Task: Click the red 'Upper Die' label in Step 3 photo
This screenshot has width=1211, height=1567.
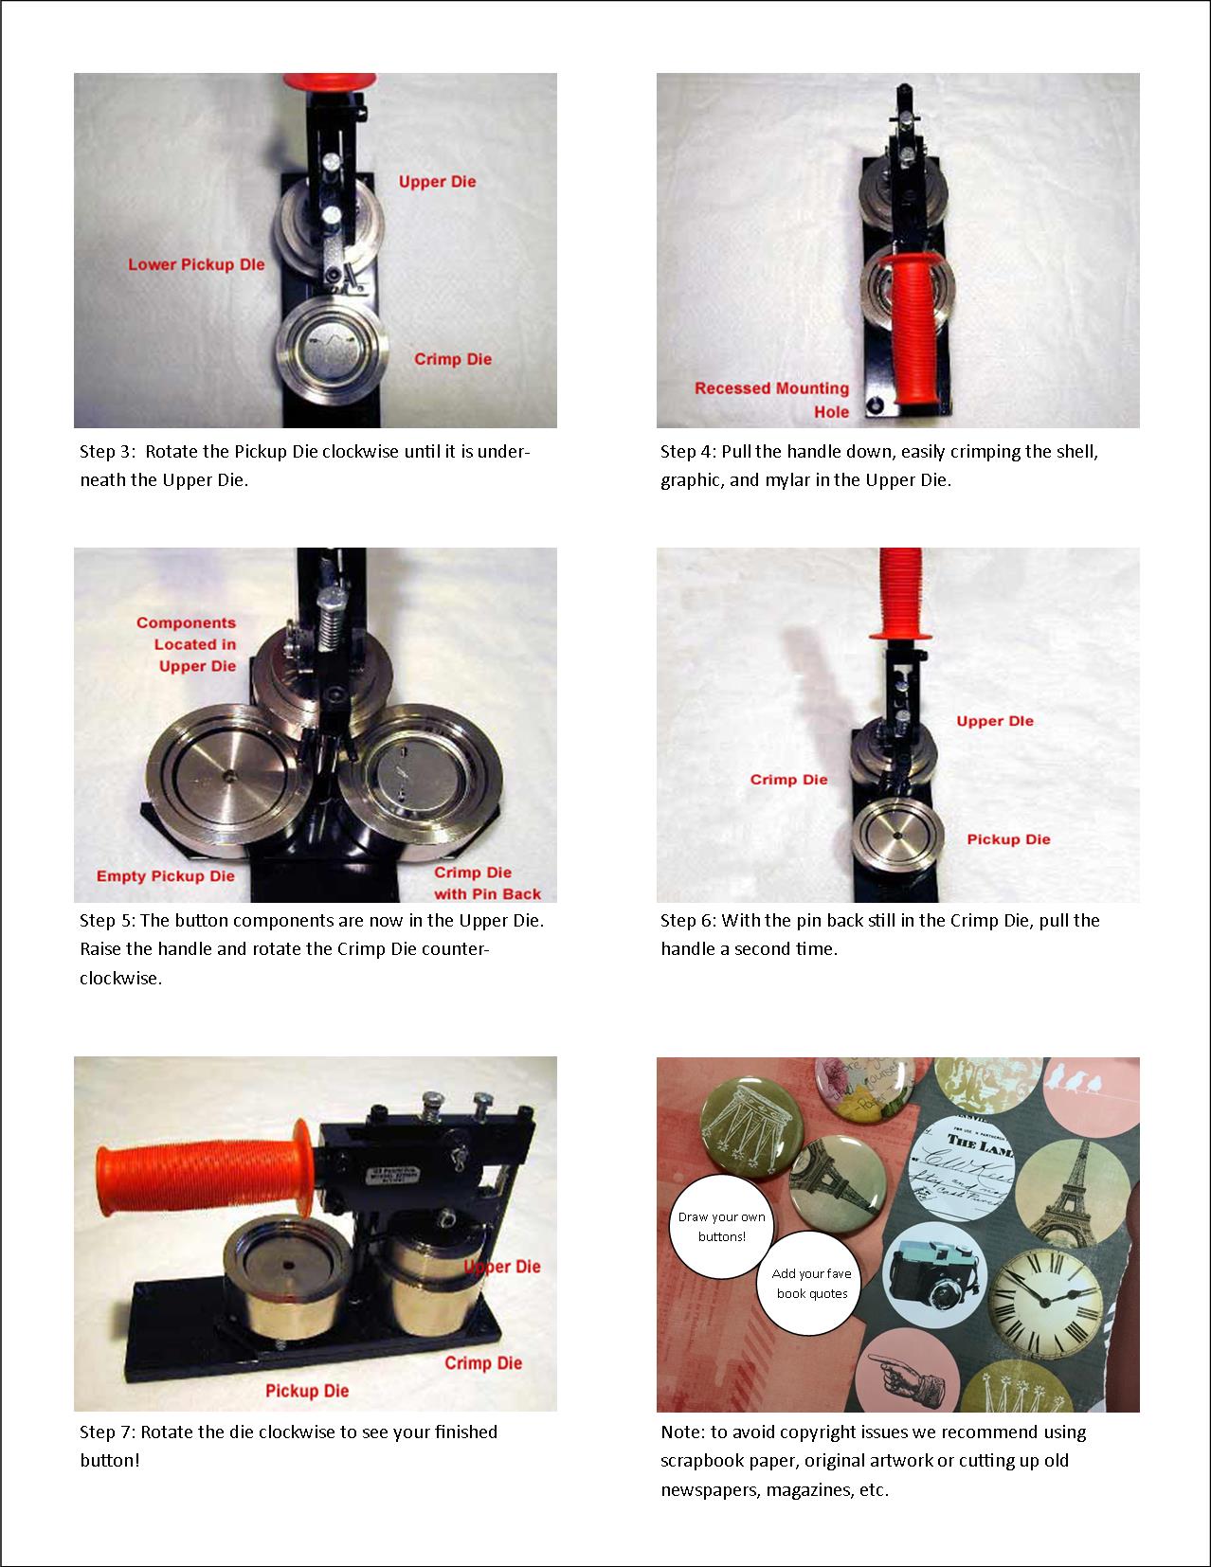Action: [437, 181]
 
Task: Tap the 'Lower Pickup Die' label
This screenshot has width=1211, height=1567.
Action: [196, 264]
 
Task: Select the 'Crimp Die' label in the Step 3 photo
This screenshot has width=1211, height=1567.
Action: [453, 359]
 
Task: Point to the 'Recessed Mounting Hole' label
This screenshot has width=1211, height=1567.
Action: [772, 399]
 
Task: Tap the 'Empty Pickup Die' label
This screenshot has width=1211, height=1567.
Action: [165, 875]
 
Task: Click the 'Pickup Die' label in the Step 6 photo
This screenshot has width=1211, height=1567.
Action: [1008, 839]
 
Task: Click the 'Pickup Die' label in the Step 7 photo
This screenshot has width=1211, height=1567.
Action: [307, 1391]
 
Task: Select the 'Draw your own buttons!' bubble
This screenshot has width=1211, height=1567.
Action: [722, 1226]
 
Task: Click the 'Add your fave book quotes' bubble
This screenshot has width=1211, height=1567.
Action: [811, 1284]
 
